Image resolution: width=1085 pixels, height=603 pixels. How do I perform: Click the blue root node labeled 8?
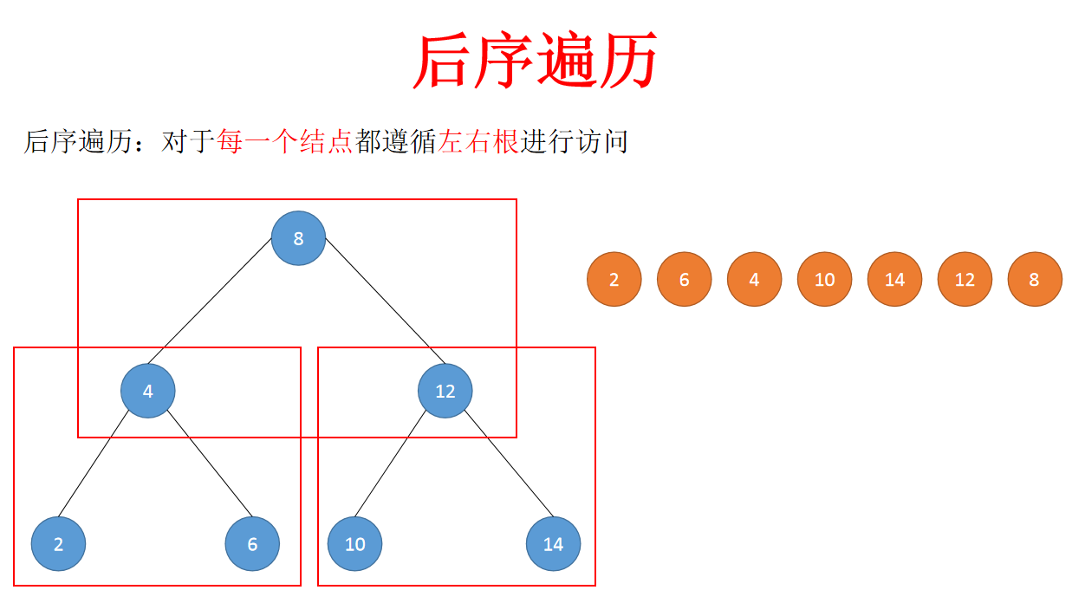click(298, 238)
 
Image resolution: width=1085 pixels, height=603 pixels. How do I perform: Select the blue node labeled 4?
click(148, 391)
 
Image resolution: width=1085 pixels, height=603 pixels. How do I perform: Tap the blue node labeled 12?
click(445, 391)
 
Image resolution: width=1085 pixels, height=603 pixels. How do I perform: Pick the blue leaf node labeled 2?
click(58, 544)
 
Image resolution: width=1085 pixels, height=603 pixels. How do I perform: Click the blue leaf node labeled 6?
click(252, 544)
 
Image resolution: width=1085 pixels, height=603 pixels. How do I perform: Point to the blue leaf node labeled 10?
click(354, 544)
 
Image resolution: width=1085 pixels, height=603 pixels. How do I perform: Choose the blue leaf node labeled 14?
click(553, 544)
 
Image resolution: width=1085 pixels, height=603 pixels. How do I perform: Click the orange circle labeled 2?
click(614, 279)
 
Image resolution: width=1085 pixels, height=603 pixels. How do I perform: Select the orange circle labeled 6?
click(685, 279)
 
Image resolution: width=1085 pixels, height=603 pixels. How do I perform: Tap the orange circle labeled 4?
click(754, 279)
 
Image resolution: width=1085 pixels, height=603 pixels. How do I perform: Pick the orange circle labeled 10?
click(824, 279)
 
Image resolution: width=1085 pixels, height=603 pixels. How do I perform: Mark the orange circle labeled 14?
click(894, 279)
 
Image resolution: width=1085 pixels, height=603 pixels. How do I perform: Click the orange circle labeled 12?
click(965, 279)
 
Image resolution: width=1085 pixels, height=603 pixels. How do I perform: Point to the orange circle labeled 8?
click(1034, 279)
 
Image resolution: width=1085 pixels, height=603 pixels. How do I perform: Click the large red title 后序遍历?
click(535, 61)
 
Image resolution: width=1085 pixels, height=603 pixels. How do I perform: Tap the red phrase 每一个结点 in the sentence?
click(285, 141)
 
